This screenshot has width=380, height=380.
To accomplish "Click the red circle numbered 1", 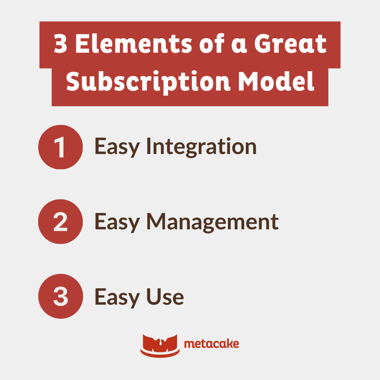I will click(60, 147).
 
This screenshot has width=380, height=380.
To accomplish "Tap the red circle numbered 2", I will click(60, 222).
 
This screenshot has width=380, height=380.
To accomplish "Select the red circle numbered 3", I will click(60, 296).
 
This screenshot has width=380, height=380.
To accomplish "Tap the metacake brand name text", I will click(212, 344).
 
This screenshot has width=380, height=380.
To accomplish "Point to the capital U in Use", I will click(155, 297).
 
